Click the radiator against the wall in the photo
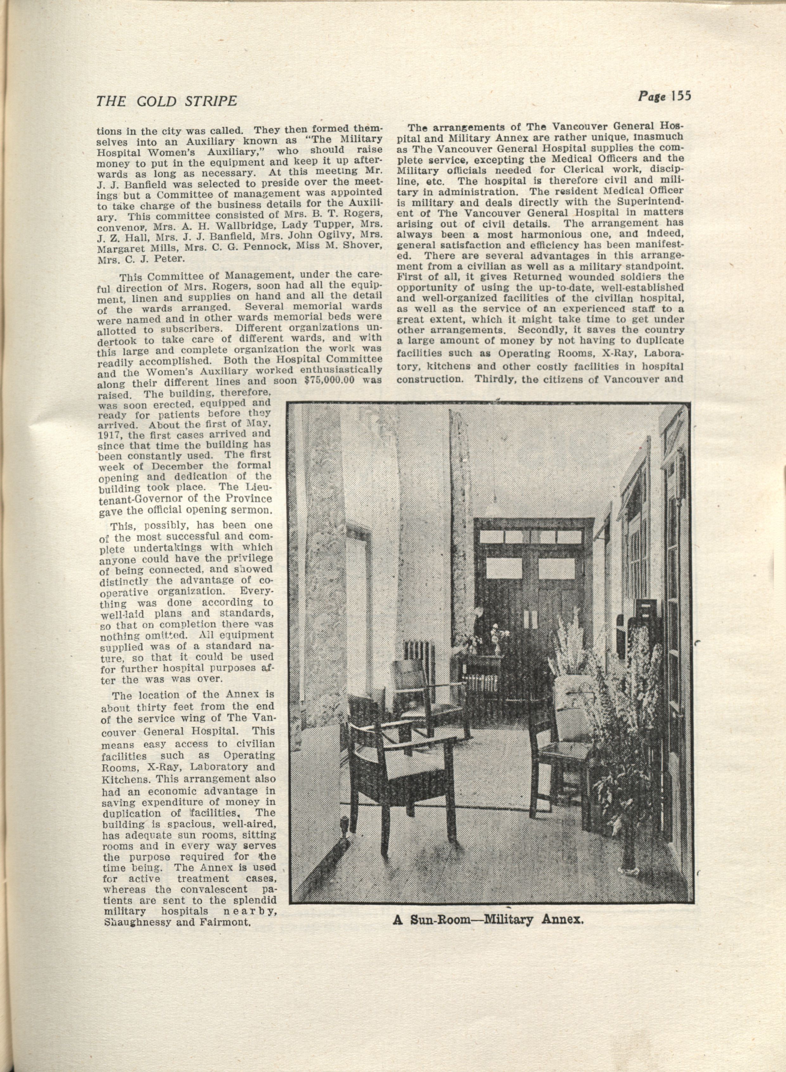pos(414,654)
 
